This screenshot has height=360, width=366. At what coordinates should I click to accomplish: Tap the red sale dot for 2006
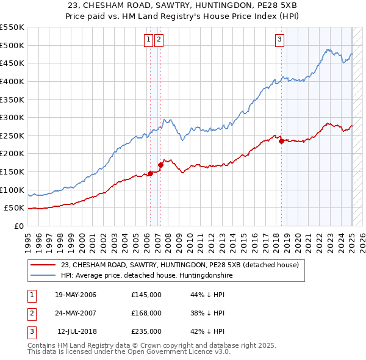[150, 173]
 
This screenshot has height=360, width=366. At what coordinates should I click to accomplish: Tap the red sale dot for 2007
[161, 165]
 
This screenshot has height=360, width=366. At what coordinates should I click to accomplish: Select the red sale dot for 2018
[281, 141]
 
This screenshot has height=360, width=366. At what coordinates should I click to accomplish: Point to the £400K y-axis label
[12, 81]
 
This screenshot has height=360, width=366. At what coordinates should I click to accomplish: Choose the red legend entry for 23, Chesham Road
[179, 265]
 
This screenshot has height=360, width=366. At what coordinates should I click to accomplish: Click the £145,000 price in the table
[146, 295]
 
